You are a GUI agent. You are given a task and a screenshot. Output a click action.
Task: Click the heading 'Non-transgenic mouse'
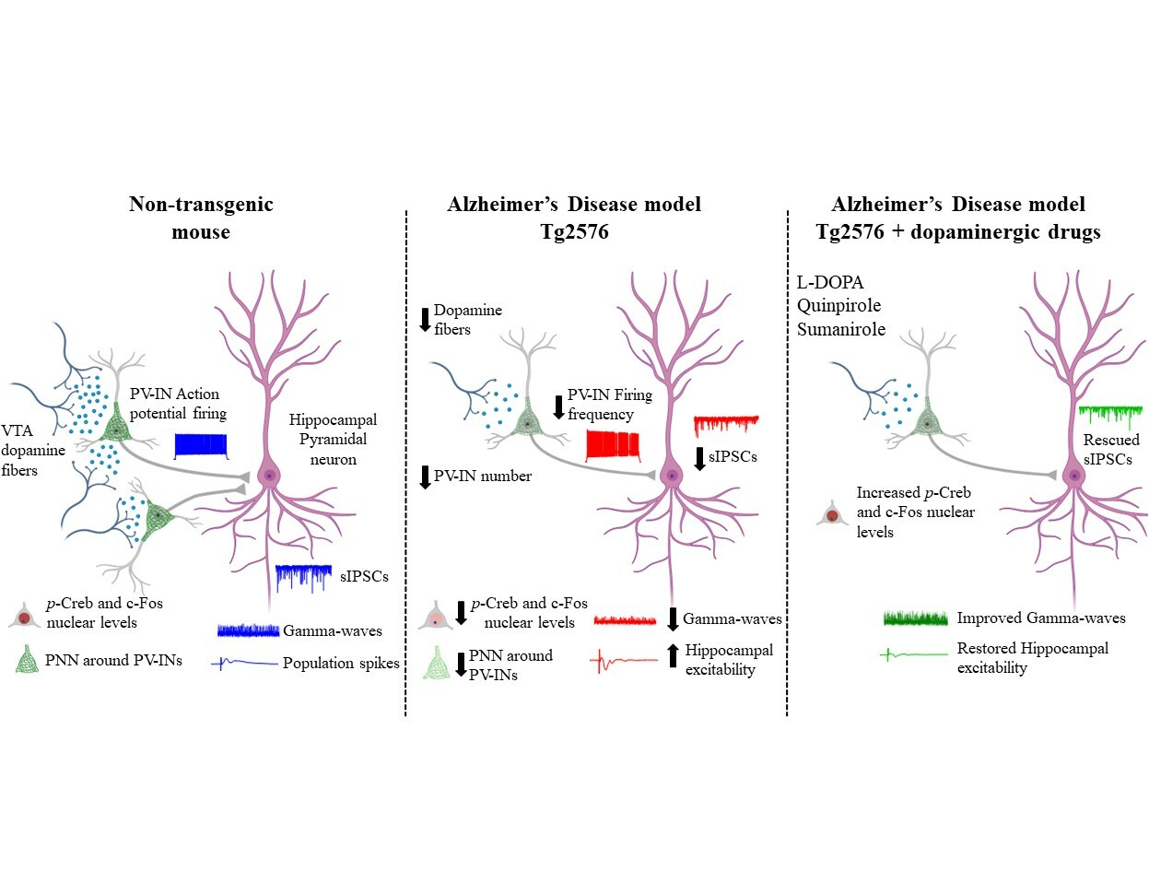tap(201, 218)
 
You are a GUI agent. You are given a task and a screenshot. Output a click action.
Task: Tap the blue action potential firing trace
tap(201, 445)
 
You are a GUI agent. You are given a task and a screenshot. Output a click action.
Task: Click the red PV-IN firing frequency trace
tap(613, 445)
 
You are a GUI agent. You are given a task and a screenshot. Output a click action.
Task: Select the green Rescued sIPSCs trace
tap(1109, 416)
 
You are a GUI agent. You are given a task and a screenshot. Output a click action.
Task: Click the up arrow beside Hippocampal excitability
tap(672, 656)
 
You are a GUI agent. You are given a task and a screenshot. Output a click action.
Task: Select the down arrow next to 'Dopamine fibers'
tap(424, 319)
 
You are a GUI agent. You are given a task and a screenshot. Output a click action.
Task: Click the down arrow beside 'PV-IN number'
tap(424, 477)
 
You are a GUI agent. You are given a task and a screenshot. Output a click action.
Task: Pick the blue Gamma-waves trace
tap(248, 630)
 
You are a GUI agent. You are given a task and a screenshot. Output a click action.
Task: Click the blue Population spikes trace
tap(244, 663)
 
